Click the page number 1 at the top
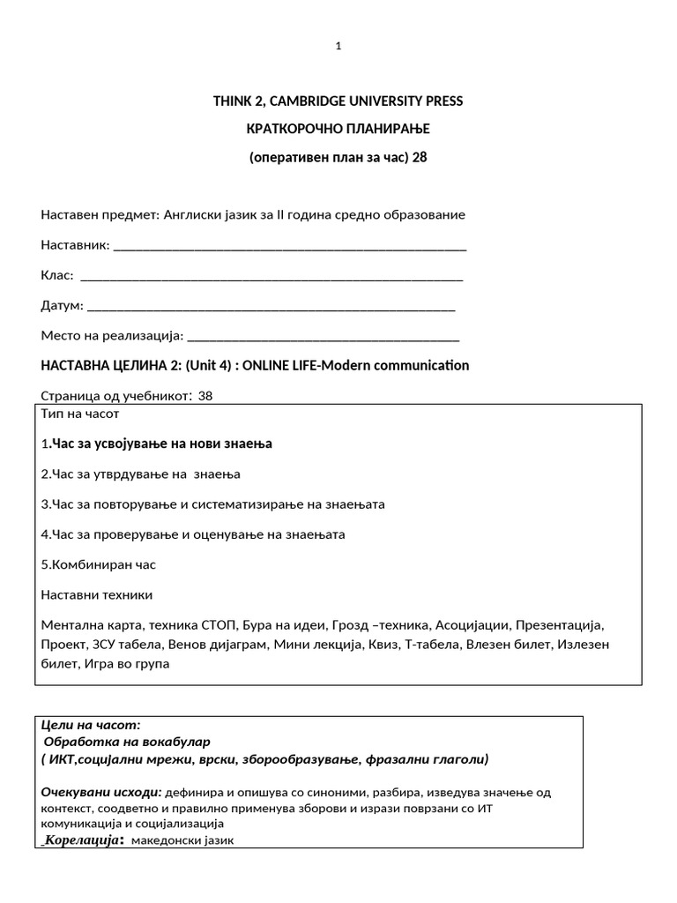[x=338, y=47]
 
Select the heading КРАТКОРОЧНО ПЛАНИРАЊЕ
[x=338, y=130]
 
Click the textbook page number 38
[x=205, y=396]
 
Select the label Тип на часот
[x=79, y=414]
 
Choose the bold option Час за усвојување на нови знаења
[x=160, y=444]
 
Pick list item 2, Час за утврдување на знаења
[x=141, y=474]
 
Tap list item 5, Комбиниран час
[x=99, y=564]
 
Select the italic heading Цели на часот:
[x=91, y=724]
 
